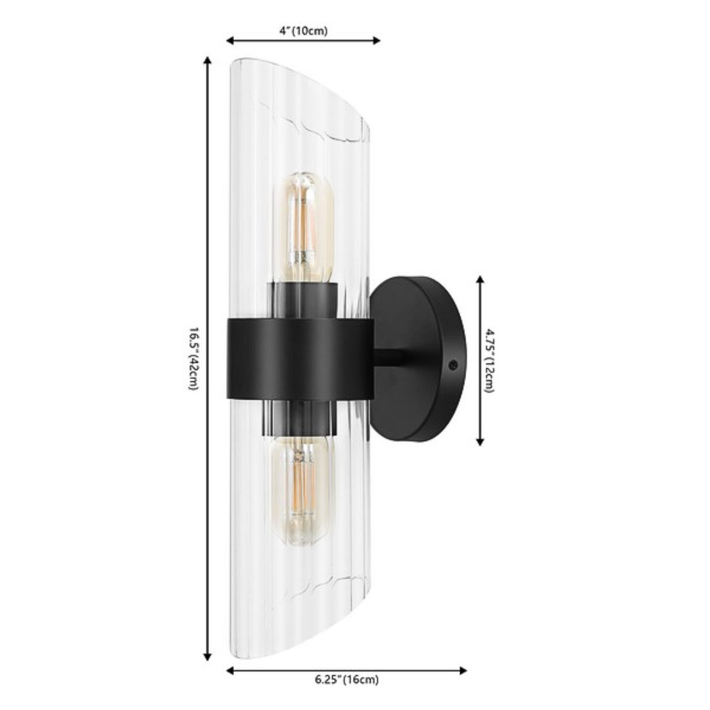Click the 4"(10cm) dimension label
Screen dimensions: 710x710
303,30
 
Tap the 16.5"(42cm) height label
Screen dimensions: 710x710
193,358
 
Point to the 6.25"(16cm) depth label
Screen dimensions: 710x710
346,680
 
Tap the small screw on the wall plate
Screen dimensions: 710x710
452,364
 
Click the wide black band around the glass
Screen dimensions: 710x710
299,358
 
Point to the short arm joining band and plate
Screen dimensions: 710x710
387,358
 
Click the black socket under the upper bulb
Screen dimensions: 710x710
303,299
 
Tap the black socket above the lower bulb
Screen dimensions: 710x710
303,419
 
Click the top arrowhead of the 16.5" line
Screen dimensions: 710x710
208,60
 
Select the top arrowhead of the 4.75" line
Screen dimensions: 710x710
480,279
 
